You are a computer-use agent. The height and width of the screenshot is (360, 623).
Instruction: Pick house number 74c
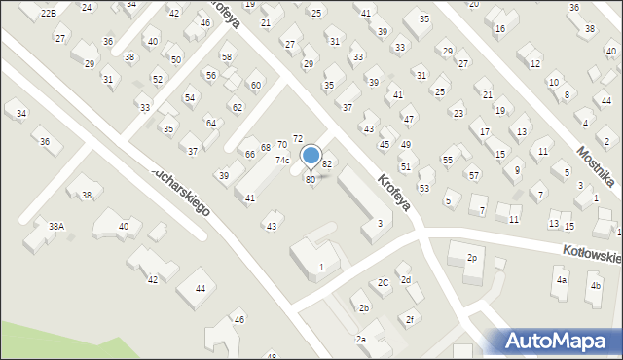coord(282,160)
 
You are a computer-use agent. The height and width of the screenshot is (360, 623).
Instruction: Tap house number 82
coord(327,164)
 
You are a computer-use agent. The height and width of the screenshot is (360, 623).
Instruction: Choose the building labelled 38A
coord(56,226)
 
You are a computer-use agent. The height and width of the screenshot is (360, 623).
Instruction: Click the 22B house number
coord(49,12)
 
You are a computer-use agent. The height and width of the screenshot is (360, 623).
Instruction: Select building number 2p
coord(472,258)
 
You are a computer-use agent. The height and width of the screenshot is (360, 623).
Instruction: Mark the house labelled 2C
coord(384,282)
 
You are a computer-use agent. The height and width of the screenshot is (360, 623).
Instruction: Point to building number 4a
coord(561,280)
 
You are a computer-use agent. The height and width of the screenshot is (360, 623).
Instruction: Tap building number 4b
coord(595,286)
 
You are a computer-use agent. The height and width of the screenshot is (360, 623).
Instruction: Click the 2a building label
coord(360,339)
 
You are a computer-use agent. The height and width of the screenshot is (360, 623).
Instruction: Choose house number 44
coord(200,288)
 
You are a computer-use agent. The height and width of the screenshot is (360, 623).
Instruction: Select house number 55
coord(448,160)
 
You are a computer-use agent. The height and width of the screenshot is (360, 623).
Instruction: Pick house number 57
coord(473,175)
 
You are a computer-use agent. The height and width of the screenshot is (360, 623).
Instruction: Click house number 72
coord(298,140)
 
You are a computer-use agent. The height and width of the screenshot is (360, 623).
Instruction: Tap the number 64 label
coord(210,123)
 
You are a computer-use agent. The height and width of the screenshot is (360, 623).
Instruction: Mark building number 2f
coord(411,319)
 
